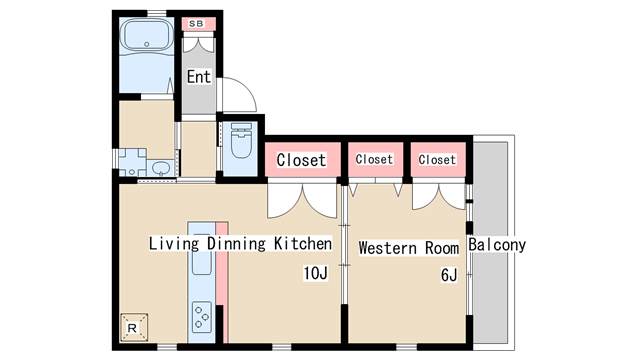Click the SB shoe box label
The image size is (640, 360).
pyautogui.click(x=196, y=24)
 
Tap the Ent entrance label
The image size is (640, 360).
pyautogui.click(x=199, y=76)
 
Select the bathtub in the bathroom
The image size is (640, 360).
pyautogui.click(x=147, y=36)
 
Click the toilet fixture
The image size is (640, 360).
pyautogui.click(x=241, y=140)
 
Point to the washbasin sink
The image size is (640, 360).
pyautogui.click(x=162, y=168)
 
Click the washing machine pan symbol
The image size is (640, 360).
pyautogui.click(x=132, y=162)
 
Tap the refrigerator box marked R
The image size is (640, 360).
pyautogui.click(x=133, y=327)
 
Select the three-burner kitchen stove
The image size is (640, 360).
pyautogui.click(x=202, y=316)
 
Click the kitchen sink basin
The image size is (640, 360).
pyautogui.click(x=201, y=255)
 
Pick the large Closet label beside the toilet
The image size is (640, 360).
pyautogui.click(x=301, y=160)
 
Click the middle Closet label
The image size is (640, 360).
pyautogui.click(x=374, y=159)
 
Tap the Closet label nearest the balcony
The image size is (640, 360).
pyautogui.click(x=437, y=160)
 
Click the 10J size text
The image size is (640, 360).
pyautogui.click(x=316, y=273)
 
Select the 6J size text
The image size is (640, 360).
pyautogui.click(x=449, y=275)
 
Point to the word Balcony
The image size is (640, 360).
pyautogui.click(x=497, y=245)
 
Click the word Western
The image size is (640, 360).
pyautogui.click(x=388, y=248)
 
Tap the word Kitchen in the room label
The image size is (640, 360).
pyautogui.click(x=302, y=244)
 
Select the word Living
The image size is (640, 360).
pyautogui.click(x=174, y=244)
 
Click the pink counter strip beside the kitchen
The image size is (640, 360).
pyautogui.click(x=222, y=282)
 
